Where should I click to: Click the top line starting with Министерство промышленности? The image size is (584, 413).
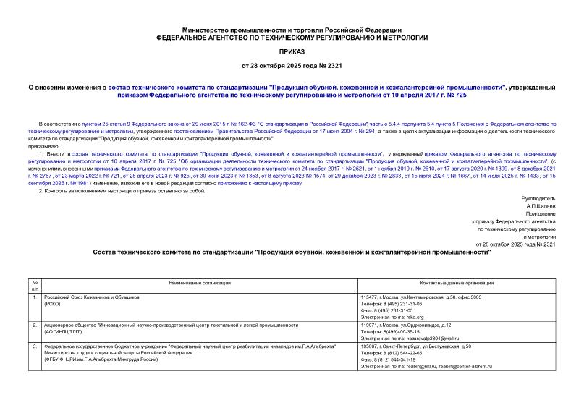click(x=292, y=26)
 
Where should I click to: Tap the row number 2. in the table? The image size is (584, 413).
click(x=33, y=325)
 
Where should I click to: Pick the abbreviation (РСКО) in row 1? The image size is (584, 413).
click(x=54, y=305)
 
